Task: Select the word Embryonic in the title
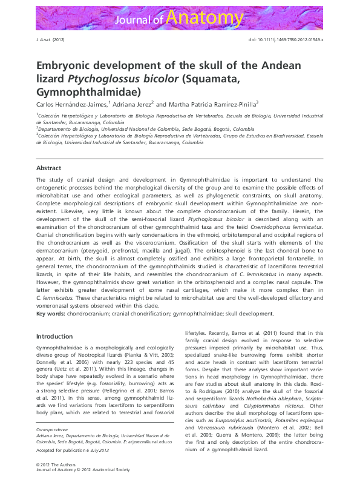point(68,65)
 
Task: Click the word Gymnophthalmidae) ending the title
point(88,92)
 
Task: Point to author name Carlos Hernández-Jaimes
point(71,104)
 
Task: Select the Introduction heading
point(54,336)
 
